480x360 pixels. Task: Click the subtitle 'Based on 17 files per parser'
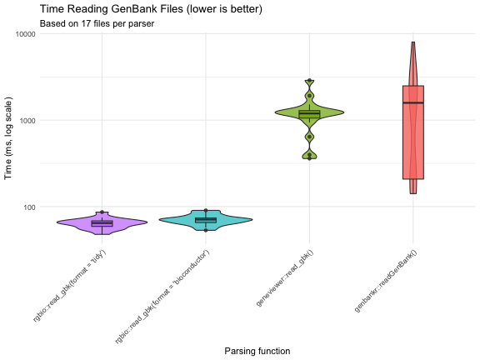(x=97, y=23)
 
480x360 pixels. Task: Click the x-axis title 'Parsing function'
(x=257, y=351)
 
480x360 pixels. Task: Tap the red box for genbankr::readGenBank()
(x=413, y=150)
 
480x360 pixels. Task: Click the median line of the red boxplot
(x=413, y=102)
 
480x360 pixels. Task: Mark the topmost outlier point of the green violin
(x=310, y=81)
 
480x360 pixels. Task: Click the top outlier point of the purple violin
(x=102, y=212)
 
